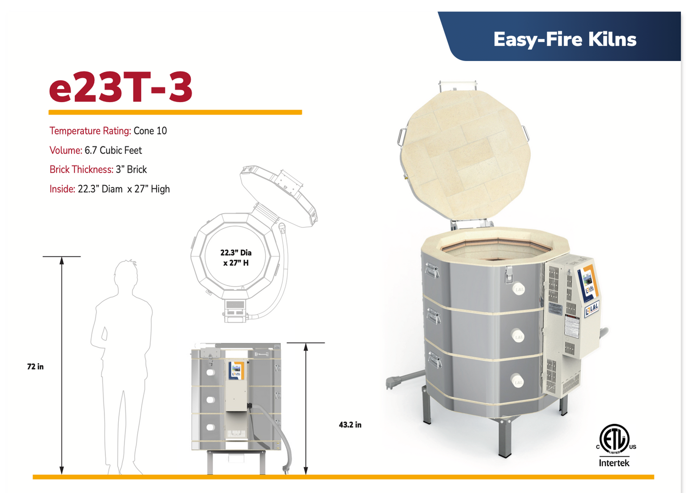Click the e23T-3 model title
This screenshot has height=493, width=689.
coord(121,87)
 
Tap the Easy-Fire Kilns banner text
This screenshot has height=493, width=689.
coord(565,39)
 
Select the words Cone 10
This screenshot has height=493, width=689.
coord(150,131)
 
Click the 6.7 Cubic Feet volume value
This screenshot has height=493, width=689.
coord(113,150)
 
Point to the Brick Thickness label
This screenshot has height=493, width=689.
coord(81,169)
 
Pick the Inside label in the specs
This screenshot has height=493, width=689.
coord(62,189)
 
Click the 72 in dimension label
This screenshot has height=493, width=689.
coord(35,367)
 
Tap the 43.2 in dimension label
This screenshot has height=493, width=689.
coord(350,425)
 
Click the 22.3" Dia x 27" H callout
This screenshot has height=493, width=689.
coord(236,257)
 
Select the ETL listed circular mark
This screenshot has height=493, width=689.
coord(615,438)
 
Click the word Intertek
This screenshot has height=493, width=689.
coord(614,463)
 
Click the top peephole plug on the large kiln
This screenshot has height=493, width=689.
coord(519,289)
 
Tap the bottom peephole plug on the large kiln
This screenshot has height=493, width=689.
coord(518,381)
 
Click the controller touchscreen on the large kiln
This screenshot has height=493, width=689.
coord(588,281)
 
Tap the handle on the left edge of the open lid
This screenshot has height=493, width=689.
coord(401,137)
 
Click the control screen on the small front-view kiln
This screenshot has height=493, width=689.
coord(236,370)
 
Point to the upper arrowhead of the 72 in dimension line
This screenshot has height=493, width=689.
coord(62,260)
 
